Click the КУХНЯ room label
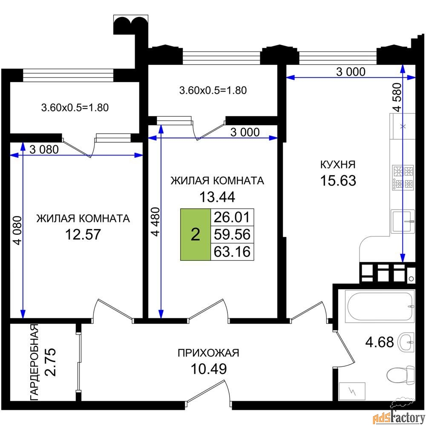tap(338, 164)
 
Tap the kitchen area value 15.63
tap(338, 180)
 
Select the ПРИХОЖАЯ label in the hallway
tap(208, 353)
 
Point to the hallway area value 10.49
tap(209, 369)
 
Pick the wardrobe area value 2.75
tap(51, 362)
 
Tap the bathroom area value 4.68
tap(380, 342)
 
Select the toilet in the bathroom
tap(400, 375)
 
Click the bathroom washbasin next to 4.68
tap(406, 342)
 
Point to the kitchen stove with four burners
tap(403, 178)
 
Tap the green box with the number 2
tap(196, 234)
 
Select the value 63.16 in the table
tap(232, 252)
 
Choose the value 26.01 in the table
tap(232, 217)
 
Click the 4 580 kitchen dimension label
tap(397, 97)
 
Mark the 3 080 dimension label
tap(44, 150)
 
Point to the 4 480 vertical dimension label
tap(155, 222)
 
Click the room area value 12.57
tap(83, 234)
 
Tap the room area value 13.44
tap(217, 197)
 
